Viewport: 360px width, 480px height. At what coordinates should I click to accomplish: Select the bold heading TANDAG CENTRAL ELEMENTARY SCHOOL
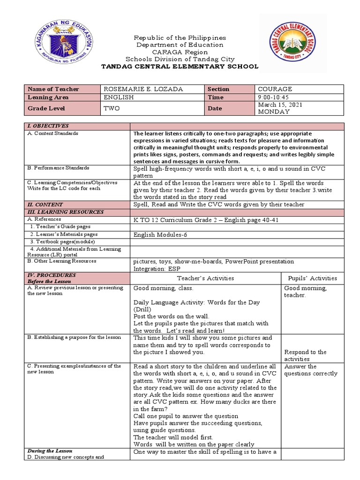(x=180, y=67)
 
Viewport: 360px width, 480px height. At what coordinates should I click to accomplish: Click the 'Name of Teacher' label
(x=53, y=89)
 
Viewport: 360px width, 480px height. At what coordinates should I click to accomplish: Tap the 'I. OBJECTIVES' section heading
(x=49, y=126)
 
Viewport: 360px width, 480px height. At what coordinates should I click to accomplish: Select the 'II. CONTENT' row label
(x=45, y=204)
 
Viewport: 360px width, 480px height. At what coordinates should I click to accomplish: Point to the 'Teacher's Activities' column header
(x=205, y=278)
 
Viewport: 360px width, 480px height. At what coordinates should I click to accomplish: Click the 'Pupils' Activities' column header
(x=312, y=278)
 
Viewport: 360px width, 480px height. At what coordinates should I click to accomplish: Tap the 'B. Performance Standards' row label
(x=59, y=168)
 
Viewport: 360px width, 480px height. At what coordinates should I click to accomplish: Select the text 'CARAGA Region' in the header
(x=180, y=52)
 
